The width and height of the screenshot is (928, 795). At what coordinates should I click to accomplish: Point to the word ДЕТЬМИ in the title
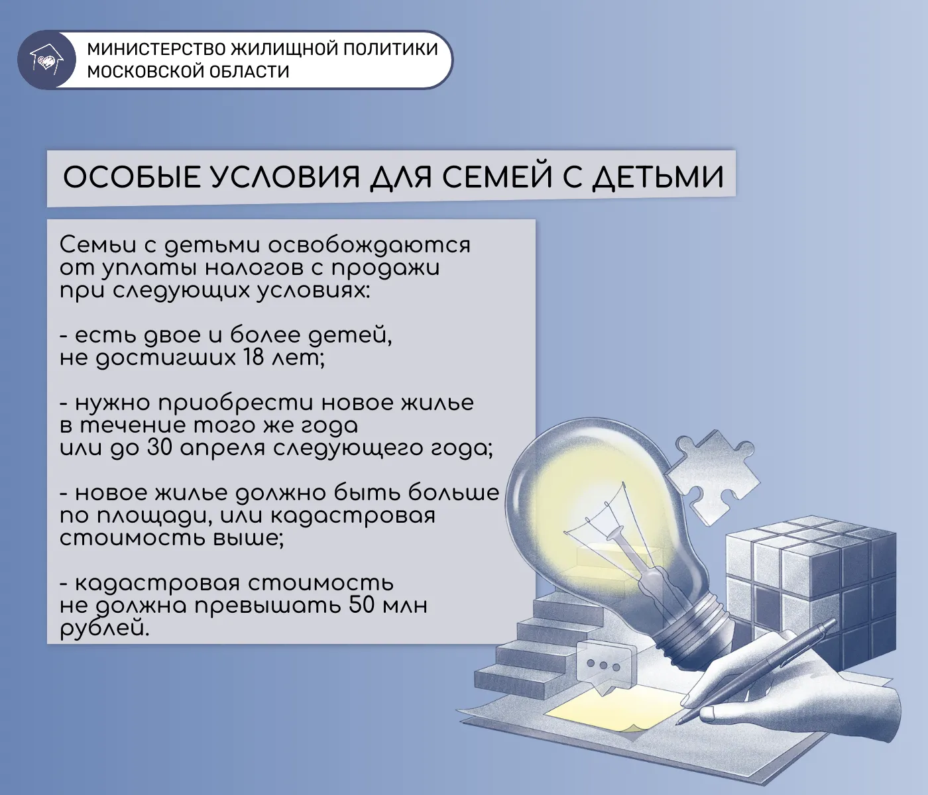657,178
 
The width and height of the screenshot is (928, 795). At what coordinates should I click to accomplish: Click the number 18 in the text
253,358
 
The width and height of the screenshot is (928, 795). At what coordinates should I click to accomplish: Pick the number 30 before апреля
160,449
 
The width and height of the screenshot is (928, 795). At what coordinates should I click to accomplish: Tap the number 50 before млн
362,606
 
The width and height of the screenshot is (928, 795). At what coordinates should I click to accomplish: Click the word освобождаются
369,245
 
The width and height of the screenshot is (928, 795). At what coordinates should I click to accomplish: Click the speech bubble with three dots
602,664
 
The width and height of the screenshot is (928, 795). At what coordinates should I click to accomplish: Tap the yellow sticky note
610,710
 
